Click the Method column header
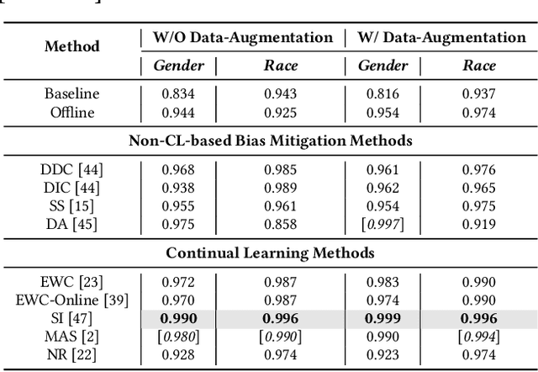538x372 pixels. tap(71, 46)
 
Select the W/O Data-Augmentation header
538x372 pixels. tap(242, 37)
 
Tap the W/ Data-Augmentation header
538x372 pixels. tap(442, 37)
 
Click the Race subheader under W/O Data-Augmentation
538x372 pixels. tap(281, 66)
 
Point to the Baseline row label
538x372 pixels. tap(72, 94)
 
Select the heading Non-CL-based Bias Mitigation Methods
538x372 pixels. tap(271, 141)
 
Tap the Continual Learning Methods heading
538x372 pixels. tap(270, 252)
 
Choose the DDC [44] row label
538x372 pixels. tap(72, 170)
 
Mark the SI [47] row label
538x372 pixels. tap(72, 318)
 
